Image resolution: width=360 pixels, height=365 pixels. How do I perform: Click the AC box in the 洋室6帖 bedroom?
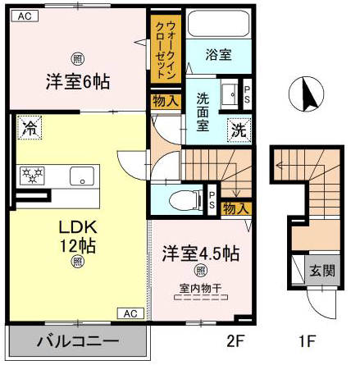25,16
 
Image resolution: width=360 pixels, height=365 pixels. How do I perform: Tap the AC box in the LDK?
130,313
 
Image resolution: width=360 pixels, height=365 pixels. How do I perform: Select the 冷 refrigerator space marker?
30,128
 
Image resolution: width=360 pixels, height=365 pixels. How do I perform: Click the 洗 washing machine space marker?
239,130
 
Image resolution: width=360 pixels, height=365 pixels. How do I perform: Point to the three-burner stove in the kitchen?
32,176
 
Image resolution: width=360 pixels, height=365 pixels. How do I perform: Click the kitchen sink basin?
82,176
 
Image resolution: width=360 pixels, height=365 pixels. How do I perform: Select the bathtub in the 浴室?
219,24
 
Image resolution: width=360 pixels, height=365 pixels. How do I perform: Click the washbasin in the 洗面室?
230,94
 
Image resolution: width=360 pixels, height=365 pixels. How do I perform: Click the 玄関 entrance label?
322,271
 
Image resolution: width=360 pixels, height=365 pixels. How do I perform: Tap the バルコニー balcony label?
78,341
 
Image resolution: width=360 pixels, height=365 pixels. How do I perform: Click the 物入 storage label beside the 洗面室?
166,101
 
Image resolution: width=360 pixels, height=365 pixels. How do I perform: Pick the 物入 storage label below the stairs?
235,208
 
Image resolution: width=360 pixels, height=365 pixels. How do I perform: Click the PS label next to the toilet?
212,200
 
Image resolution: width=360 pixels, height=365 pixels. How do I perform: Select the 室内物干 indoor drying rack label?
201,288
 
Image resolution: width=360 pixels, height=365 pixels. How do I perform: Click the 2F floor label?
235,341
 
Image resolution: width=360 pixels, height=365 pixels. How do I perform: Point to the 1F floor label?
308,341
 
